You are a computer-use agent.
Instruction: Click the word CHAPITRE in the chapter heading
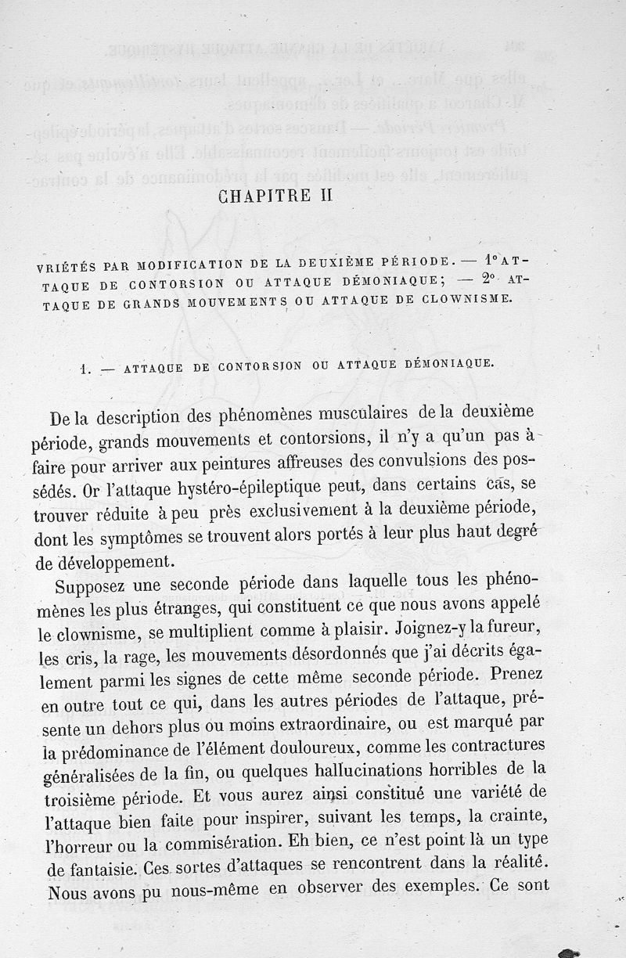[x=255, y=196]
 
